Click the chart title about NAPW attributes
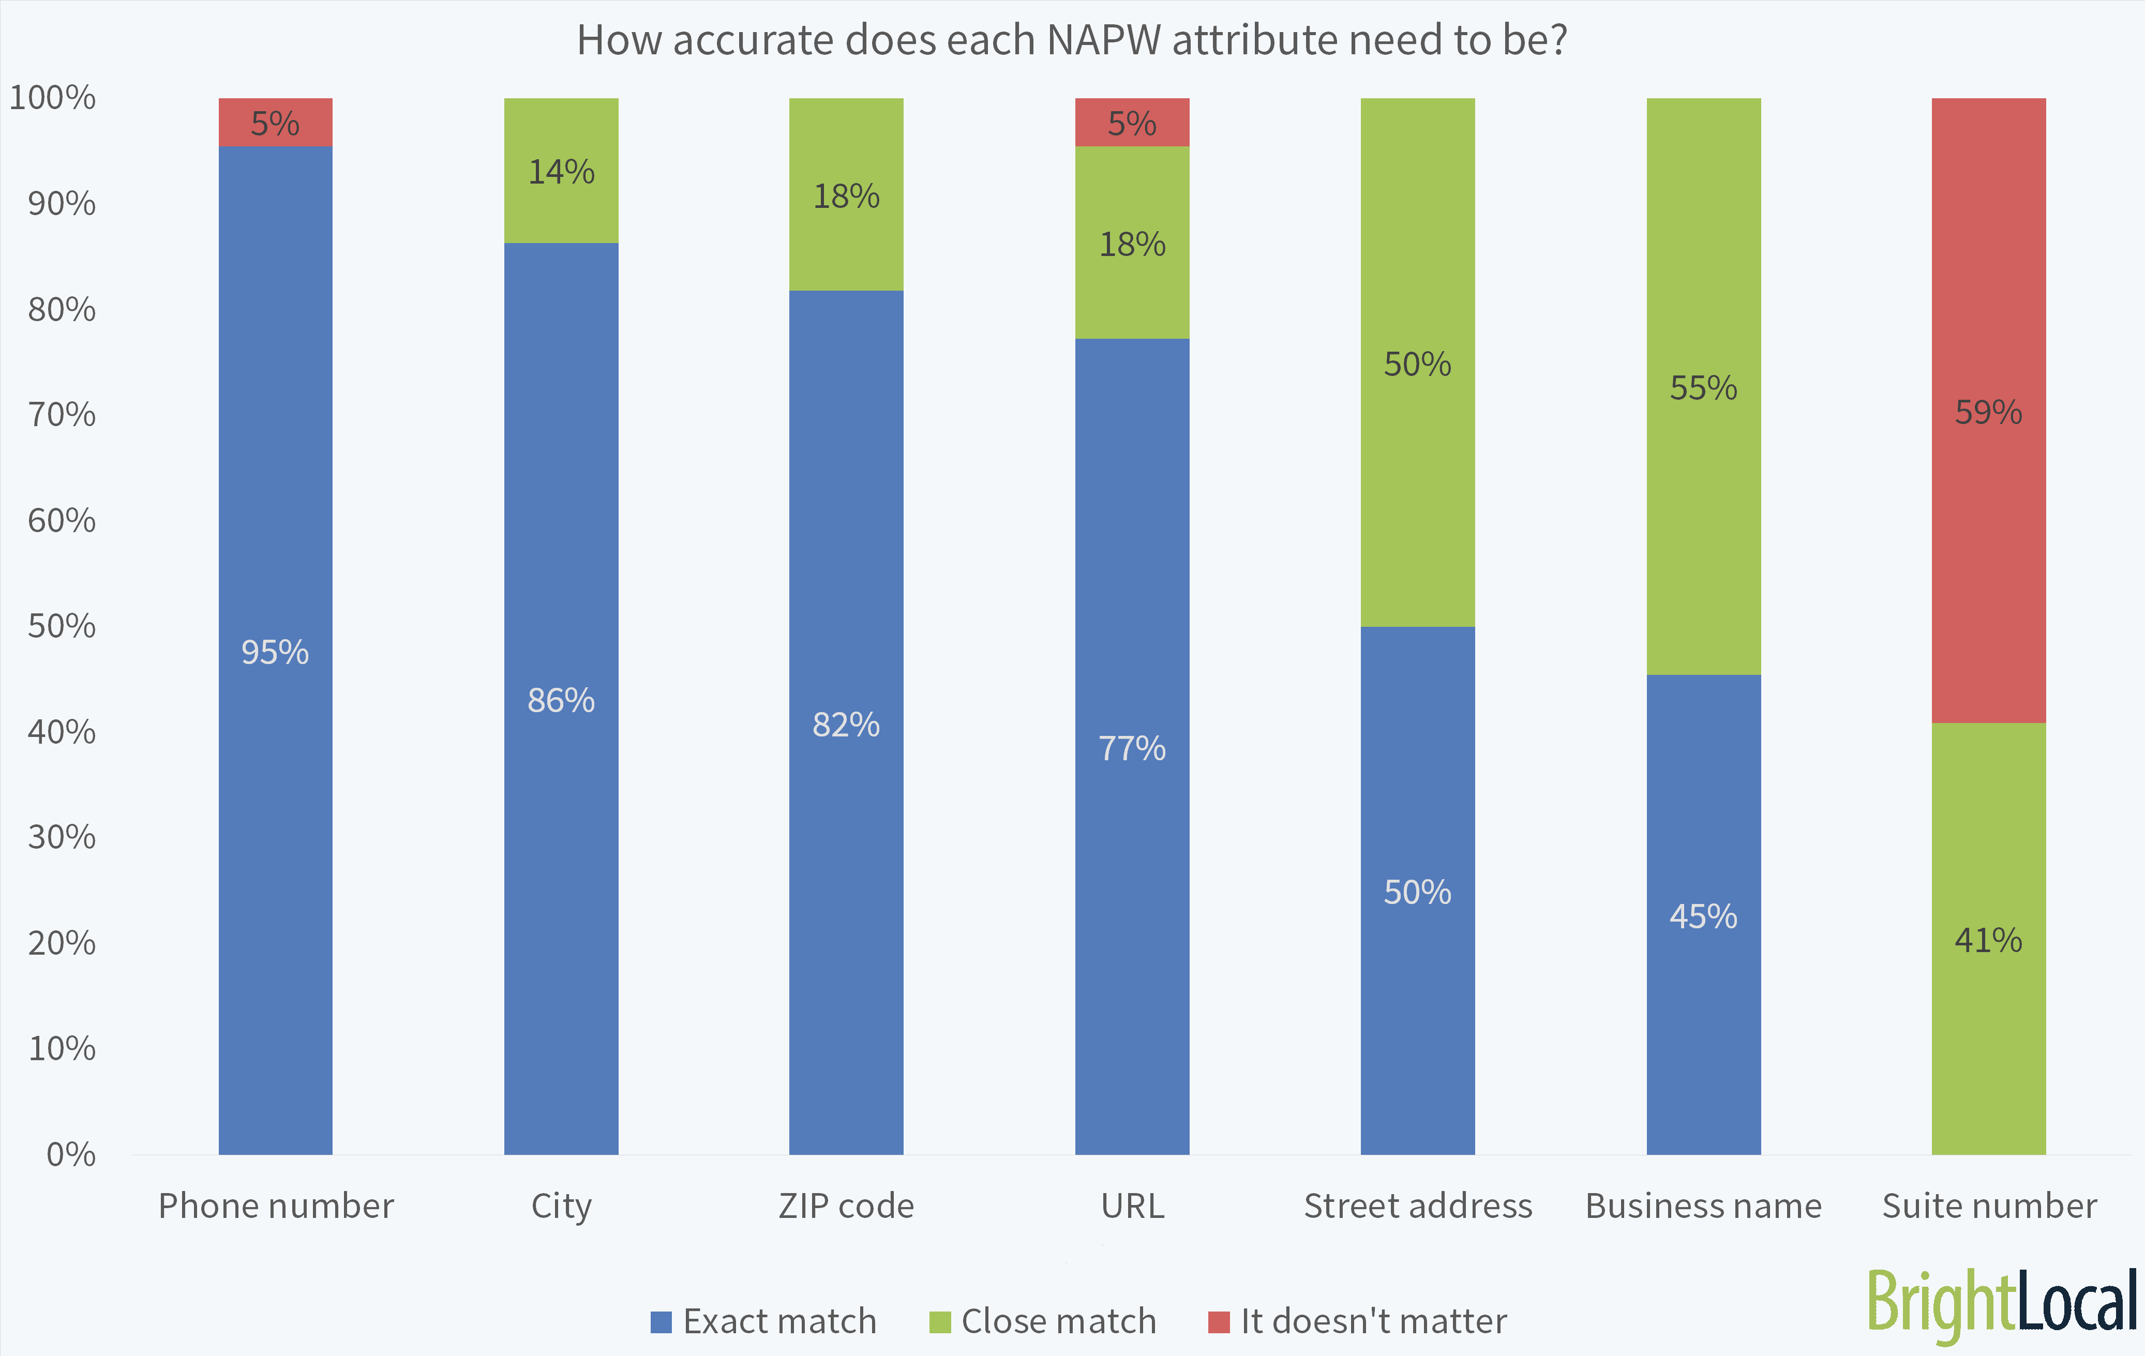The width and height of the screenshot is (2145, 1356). pos(1072,41)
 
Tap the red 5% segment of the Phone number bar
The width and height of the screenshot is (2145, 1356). pos(275,122)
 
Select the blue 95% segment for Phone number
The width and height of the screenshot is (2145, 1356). pos(275,651)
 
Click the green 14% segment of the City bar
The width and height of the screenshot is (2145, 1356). pos(561,171)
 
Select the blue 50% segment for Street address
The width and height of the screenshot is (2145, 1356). pos(1417,891)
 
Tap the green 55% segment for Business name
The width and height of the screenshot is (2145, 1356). pos(1703,387)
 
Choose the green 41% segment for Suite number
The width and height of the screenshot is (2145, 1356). pos(1988,939)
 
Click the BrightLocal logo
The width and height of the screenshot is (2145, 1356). pos(2002,1305)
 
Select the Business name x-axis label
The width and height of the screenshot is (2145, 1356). pos(1703,1206)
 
